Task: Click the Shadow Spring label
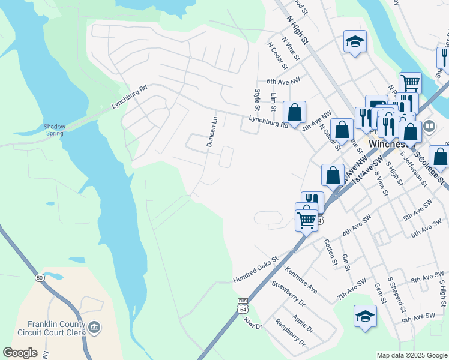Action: pyautogui.click(x=54, y=130)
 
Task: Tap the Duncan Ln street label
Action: pyautogui.click(x=211, y=133)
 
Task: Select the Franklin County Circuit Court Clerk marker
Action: pyautogui.click(x=94, y=327)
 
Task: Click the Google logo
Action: pyautogui.click(x=20, y=353)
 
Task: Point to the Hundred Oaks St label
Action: pyautogui.click(x=256, y=271)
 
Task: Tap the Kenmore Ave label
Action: pyautogui.click(x=301, y=280)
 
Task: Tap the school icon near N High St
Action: pyautogui.click(x=355, y=42)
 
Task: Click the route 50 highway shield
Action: pyautogui.click(x=40, y=278)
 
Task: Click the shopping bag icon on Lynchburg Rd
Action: pyautogui.click(x=294, y=112)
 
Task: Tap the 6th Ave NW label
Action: pyautogui.click(x=283, y=80)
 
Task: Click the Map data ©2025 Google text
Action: pyautogui.click(x=411, y=355)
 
